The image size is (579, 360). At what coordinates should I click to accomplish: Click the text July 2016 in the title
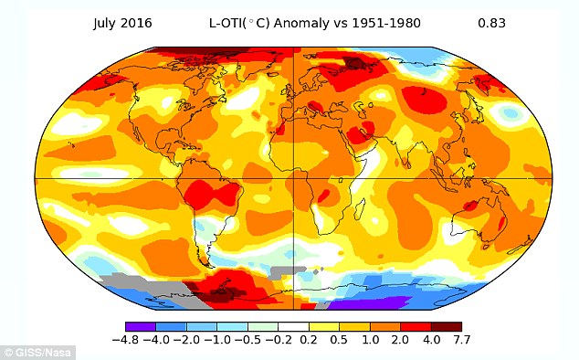point(122,23)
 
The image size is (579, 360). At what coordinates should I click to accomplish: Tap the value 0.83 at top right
point(491,23)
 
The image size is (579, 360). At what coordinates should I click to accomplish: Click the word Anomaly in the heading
point(301,23)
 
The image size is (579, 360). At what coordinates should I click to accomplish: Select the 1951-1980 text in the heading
point(386,23)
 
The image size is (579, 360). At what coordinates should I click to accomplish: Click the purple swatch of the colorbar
point(141,326)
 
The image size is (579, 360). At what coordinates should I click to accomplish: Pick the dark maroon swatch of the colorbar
point(447,326)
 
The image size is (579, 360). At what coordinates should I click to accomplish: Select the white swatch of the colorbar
point(293,326)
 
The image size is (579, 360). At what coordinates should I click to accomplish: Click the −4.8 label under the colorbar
point(125,340)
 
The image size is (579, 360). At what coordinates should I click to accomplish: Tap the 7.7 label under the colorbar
point(461,340)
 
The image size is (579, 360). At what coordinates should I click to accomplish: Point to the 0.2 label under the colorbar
point(309,340)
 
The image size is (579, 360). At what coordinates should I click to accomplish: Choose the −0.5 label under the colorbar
point(247,340)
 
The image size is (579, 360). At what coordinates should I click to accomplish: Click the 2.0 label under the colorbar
point(400,340)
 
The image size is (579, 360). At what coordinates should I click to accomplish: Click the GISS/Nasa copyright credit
point(37,353)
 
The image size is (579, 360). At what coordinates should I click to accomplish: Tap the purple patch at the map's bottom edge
point(364,304)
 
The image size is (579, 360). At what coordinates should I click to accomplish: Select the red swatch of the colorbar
point(416,326)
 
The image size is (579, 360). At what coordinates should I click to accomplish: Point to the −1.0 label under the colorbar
point(216,340)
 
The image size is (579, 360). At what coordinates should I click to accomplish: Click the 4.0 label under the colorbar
point(431,340)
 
